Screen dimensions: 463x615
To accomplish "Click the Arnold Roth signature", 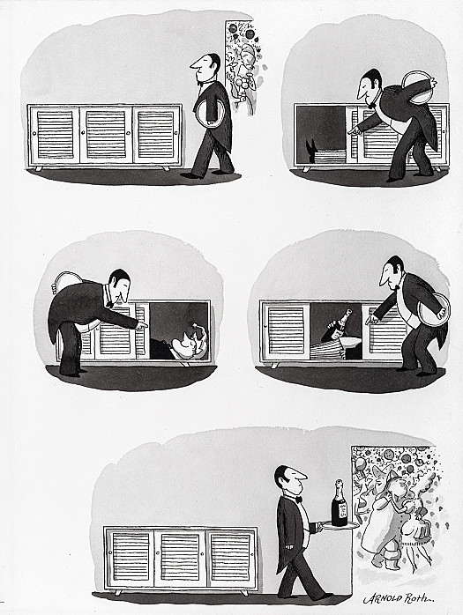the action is click(x=399, y=597).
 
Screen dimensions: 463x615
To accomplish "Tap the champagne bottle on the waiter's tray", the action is click(x=340, y=503).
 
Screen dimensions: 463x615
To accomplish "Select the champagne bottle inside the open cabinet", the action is click(x=337, y=325).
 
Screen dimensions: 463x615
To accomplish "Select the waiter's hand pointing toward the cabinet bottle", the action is click(x=371, y=319).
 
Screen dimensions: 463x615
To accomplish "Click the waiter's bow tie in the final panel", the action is click(x=299, y=499).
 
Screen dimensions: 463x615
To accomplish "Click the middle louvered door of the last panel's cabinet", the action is click(x=180, y=558).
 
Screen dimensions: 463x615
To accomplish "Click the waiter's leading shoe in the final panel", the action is click(x=325, y=596).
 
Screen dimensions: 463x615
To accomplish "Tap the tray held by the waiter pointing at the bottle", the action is click(x=434, y=311).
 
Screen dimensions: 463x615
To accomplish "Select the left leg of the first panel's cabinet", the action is click(x=39, y=168).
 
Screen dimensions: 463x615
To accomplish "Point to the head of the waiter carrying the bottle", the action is click(x=289, y=478).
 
